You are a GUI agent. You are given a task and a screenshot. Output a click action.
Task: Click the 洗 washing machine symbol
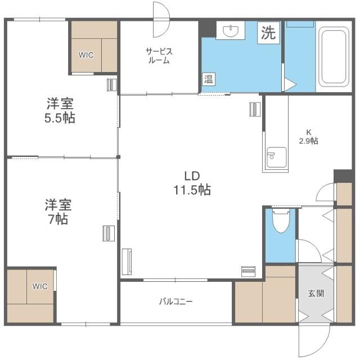[x=268, y=33]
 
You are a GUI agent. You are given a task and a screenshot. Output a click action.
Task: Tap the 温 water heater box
[x=209, y=79]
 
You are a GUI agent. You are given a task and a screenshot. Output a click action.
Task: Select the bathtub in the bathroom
[x=334, y=56]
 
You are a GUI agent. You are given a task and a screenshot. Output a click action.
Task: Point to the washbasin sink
[x=231, y=31]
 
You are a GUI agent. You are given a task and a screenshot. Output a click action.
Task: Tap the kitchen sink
[x=277, y=157]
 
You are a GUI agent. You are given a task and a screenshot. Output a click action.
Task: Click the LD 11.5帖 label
[x=192, y=183]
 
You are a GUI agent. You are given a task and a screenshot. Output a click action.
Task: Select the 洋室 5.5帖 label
[x=60, y=110]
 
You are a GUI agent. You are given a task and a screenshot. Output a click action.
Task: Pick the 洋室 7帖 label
[x=58, y=211]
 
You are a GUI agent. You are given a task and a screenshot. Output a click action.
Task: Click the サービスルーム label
[x=159, y=56]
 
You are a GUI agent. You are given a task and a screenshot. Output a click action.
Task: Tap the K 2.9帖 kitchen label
[x=309, y=137]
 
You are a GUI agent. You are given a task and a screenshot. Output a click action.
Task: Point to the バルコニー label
[x=176, y=301]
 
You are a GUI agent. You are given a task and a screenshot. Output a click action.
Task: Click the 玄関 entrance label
[x=316, y=293]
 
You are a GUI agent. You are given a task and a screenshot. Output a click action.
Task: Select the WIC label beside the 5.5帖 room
[x=86, y=55]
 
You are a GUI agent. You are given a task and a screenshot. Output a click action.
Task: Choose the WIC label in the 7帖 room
[x=40, y=286]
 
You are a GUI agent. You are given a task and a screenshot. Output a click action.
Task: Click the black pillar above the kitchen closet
[x=343, y=176]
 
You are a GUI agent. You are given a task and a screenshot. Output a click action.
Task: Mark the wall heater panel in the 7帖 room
[x=109, y=233]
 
